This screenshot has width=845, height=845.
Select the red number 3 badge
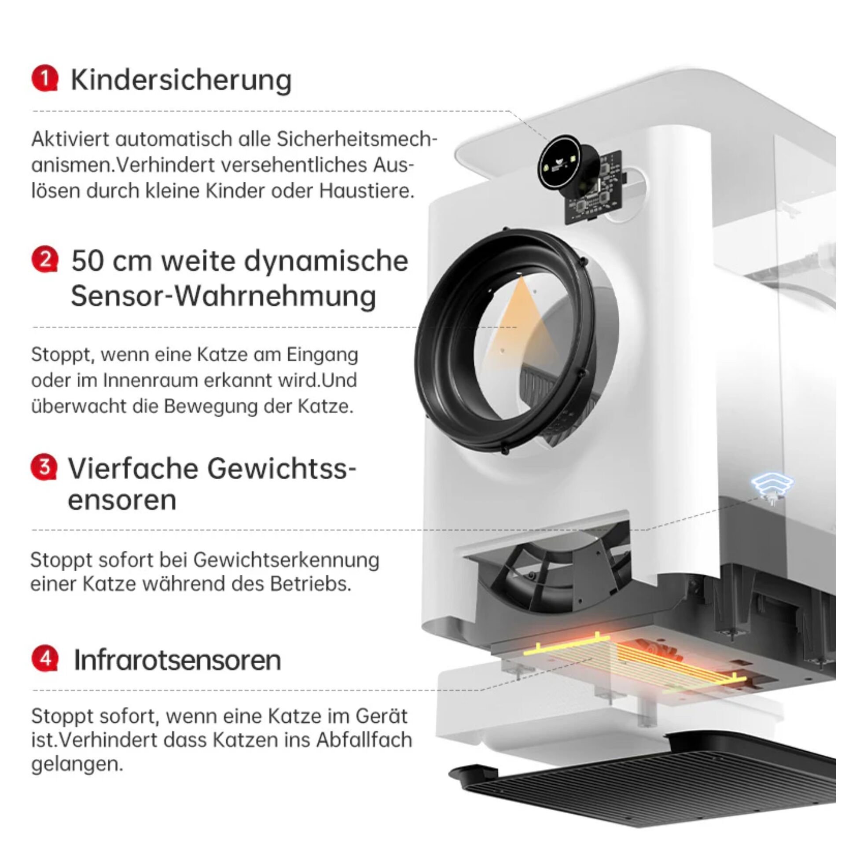click(44, 467)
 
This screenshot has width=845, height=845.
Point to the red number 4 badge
click(44, 659)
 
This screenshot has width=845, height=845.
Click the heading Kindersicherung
click(181, 80)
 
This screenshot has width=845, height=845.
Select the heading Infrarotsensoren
click(177, 660)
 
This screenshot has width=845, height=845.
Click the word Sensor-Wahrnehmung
click(224, 296)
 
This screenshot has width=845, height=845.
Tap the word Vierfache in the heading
click(132, 468)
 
